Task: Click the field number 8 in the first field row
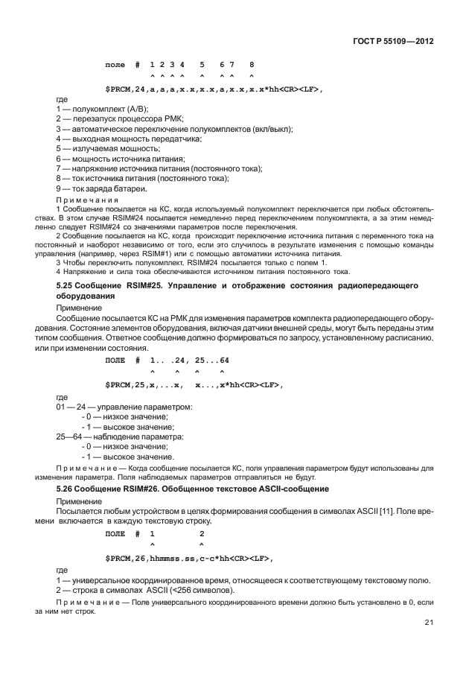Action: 252,65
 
